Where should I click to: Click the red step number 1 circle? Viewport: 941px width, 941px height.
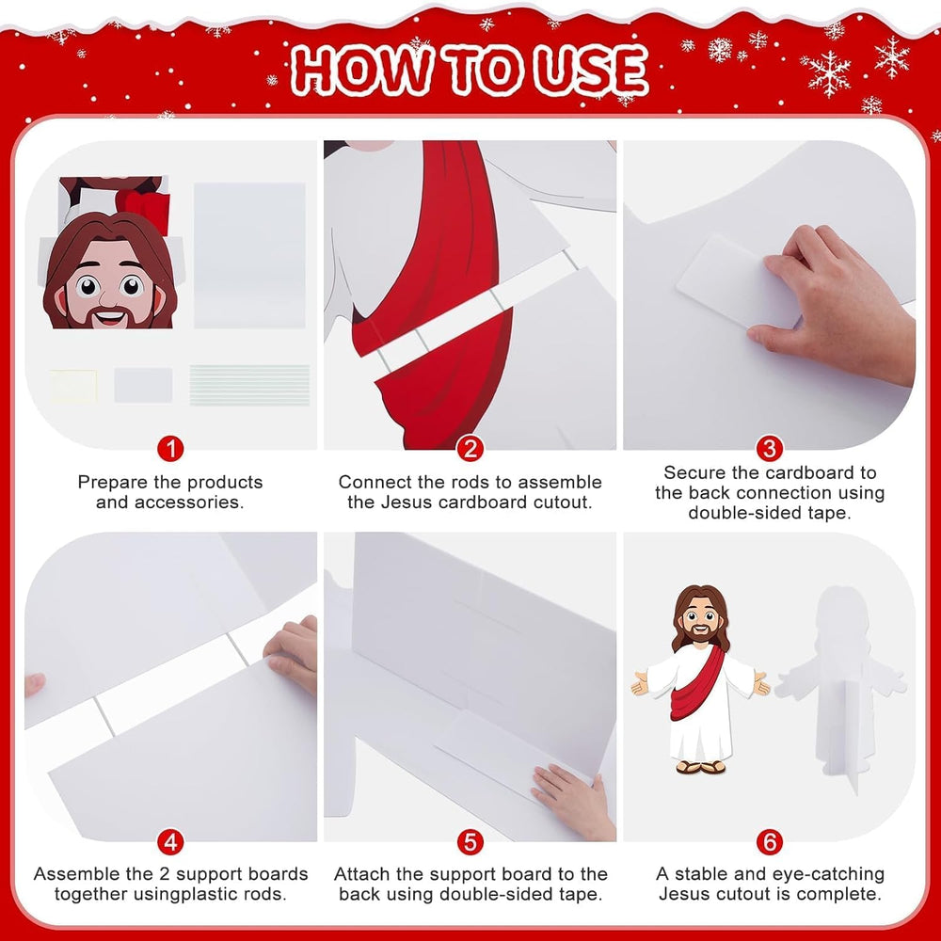click(170, 448)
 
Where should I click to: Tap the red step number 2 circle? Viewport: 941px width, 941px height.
click(470, 448)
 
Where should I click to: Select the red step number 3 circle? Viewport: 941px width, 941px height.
click(770, 448)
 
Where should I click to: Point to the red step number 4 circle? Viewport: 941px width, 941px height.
click(170, 842)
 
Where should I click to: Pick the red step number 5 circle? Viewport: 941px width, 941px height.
click(470, 842)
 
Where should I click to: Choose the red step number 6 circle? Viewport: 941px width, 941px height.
click(770, 842)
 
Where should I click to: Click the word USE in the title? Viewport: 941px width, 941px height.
click(591, 71)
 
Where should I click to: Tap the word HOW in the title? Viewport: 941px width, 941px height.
click(362, 70)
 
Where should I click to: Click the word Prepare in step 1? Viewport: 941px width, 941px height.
click(113, 483)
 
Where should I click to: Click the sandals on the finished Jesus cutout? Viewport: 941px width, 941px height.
click(700, 766)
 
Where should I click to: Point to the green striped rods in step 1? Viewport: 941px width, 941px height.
click(249, 385)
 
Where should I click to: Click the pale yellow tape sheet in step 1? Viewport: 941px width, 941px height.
click(73, 386)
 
